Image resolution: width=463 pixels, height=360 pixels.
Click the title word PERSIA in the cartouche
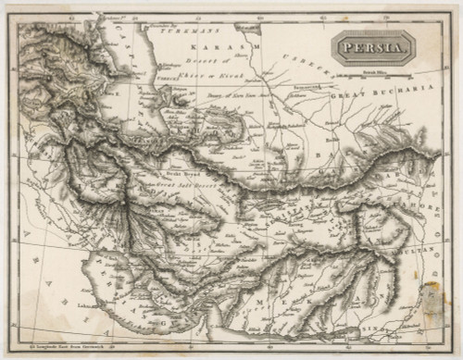(x=369, y=48)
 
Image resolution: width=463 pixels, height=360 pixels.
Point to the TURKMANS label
(x=179, y=29)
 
